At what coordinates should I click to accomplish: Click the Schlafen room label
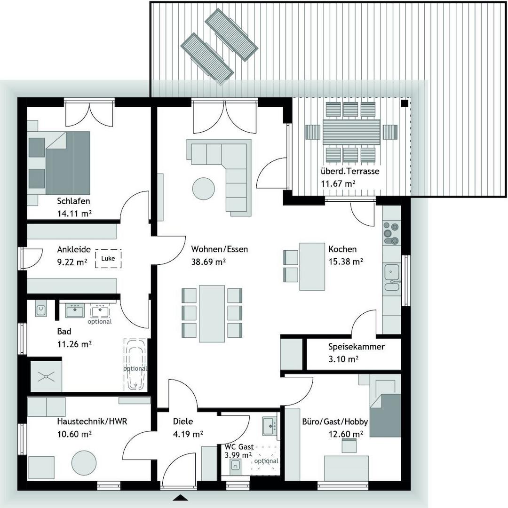click(x=73, y=201)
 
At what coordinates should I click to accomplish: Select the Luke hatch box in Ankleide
click(x=108, y=259)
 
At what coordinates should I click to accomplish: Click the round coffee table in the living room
click(x=204, y=188)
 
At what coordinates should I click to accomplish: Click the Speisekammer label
click(x=356, y=347)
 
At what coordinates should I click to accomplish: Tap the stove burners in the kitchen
click(x=391, y=233)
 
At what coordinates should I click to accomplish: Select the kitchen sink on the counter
click(x=391, y=271)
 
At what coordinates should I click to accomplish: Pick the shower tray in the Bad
click(x=46, y=375)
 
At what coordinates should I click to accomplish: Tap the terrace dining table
click(x=351, y=132)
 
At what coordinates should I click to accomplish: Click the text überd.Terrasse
click(x=350, y=172)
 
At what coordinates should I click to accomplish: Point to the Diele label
click(x=183, y=422)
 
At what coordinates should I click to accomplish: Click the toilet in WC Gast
click(x=236, y=466)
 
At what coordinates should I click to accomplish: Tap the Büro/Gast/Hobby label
click(x=335, y=422)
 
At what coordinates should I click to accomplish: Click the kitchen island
click(x=312, y=267)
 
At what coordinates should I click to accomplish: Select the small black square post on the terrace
click(x=404, y=103)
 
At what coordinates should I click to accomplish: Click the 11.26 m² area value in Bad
click(x=74, y=344)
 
